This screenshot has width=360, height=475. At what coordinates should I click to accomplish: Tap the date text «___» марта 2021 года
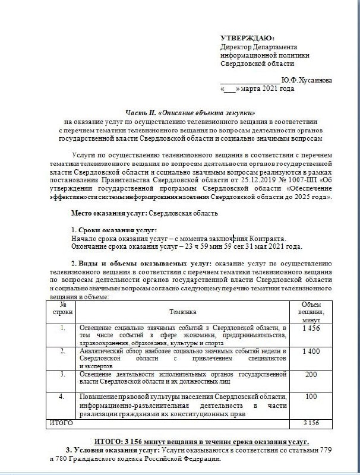257,89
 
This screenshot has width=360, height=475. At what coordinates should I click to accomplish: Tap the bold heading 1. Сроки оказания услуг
113,230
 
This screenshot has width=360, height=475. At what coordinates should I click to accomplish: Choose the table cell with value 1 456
311,328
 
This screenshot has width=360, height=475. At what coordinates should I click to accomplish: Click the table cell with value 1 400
311,351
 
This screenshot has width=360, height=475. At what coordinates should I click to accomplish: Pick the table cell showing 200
311,375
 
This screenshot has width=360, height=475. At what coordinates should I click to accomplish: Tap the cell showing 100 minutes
311,396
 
